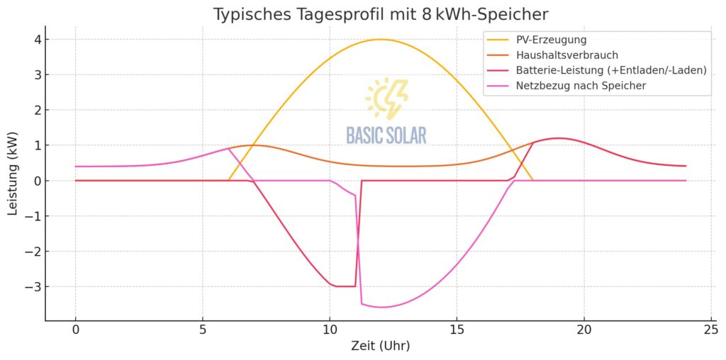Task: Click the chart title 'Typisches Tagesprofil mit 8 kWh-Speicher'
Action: [x=381, y=14]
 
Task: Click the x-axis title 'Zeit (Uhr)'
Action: [x=381, y=347]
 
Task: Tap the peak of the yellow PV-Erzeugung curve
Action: [x=381, y=39]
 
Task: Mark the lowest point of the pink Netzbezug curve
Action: [x=383, y=307]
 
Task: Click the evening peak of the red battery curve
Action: [x=559, y=138]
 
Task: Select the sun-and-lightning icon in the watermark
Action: [x=386, y=99]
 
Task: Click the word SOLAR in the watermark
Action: [x=407, y=135]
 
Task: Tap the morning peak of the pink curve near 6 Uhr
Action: [x=228, y=148]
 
